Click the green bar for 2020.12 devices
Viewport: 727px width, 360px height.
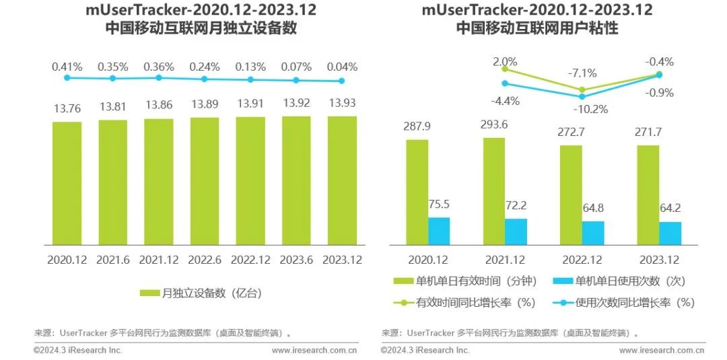(67, 183)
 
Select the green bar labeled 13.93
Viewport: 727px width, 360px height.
(342, 180)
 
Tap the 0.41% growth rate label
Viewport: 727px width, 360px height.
(67, 67)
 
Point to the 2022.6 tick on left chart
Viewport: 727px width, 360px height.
(204, 260)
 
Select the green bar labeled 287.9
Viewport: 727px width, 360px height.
(417, 192)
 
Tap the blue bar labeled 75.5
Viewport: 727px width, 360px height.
(439, 231)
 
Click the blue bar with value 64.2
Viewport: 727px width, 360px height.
(670, 233)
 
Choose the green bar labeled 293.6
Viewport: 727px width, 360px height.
(493, 191)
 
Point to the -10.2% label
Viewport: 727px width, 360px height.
(590, 109)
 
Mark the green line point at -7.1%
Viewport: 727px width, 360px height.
(582, 89)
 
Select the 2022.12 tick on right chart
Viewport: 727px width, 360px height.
(582, 260)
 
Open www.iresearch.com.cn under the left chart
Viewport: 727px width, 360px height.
(314, 350)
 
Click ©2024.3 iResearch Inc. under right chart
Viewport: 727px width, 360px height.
(425, 350)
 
